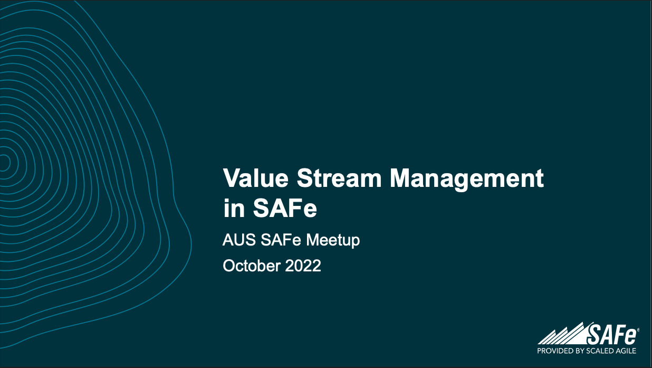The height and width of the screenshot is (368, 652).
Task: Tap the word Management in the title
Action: (x=466, y=180)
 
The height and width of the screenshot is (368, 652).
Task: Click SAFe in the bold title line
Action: (x=285, y=209)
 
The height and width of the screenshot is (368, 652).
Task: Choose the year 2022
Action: (x=303, y=266)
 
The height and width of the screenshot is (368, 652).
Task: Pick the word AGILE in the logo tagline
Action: (x=626, y=351)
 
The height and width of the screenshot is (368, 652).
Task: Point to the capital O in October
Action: (x=228, y=266)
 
